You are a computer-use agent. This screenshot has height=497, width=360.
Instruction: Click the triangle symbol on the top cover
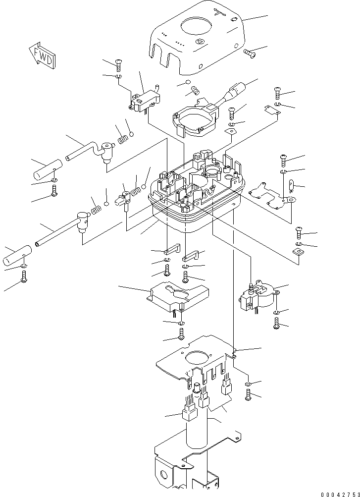(x=200, y=42)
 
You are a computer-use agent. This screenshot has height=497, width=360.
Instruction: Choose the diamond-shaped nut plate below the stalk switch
(x=231, y=131)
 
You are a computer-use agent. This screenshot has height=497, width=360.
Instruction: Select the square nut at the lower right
(x=298, y=253)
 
